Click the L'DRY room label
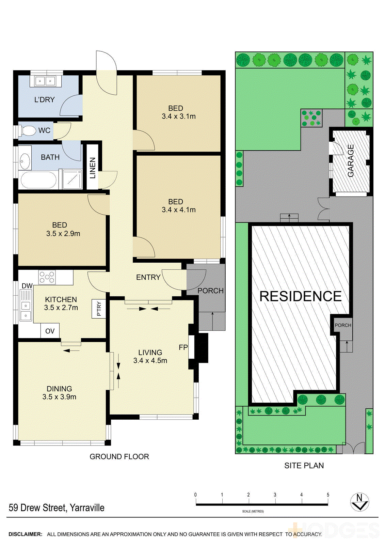pos(44,100)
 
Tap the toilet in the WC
pos(28,130)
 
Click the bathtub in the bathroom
pos(38,180)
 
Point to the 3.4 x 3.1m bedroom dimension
pos(178,116)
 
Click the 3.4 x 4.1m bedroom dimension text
pos(178,210)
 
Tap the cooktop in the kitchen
pos(47,277)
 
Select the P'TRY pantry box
pos(99,309)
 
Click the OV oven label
pos(50,331)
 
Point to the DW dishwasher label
pos(27,286)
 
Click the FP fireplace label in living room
pos(183,347)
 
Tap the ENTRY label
pos(148,277)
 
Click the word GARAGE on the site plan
pos(351,161)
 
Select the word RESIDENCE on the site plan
pos(300,296)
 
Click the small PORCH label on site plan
pos(343,325)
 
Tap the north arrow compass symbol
pos(359,502)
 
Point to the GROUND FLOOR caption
pos(119,456)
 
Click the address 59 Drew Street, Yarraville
pos(57,508)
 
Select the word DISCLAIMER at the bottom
pos(25,534)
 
